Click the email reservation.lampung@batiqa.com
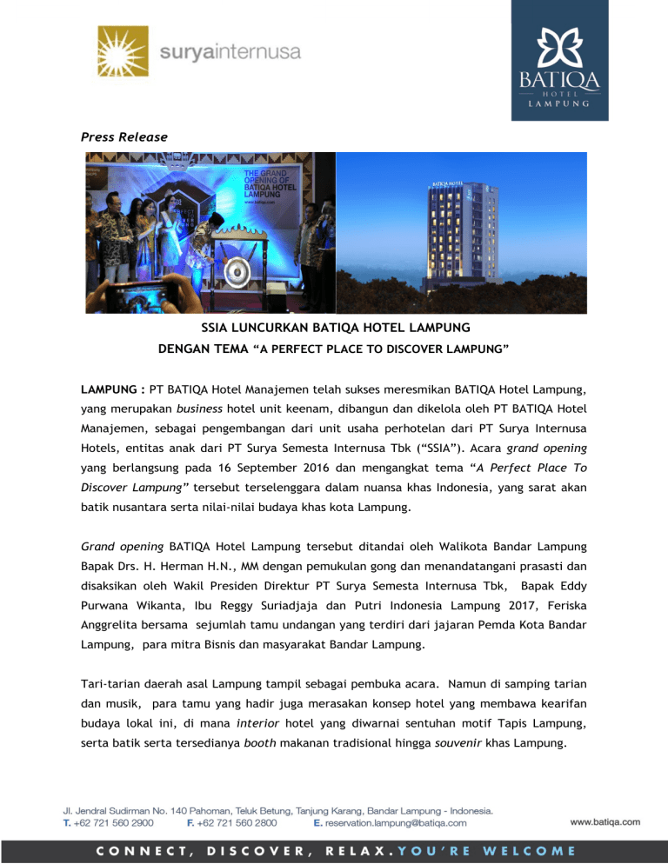(x=397, y=821)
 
